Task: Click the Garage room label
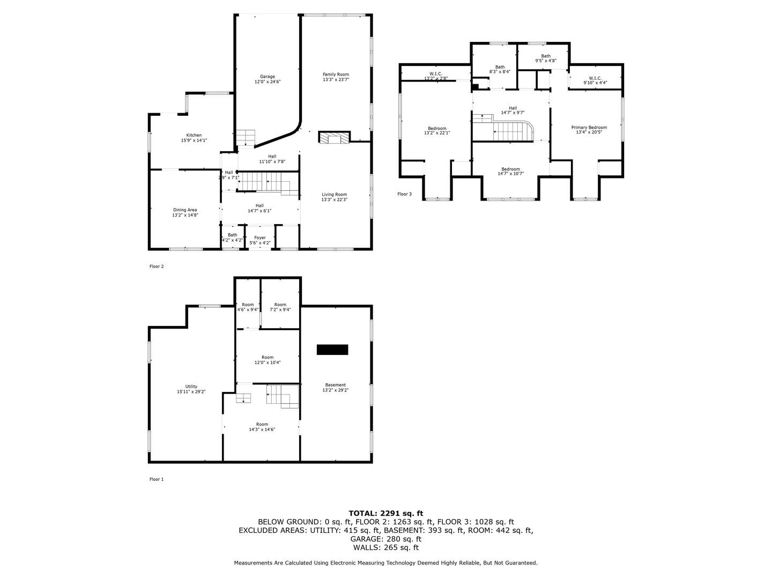(x=268, y=77)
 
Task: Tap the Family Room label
(x=336, y=75)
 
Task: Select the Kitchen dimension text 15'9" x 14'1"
(x=194, y=140)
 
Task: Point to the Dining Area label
(x=185, y=210)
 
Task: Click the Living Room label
(x=334, y=195)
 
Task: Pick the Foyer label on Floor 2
(x=260, y=237)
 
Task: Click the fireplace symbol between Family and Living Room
(x=333, y=138)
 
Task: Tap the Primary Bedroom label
(x=589, y=128)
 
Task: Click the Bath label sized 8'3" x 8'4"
(x=500, y=67)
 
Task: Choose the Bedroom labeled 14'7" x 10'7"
(x=510, y=169)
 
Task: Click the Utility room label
(x=191, y=387)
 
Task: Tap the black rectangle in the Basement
(x=332, y=350)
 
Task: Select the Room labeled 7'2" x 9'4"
(x=280, y=305)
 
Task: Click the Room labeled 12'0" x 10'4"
(x=268, y=357)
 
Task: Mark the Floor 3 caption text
(x=404, y=194)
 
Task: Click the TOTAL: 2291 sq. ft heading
(x=385, y=513)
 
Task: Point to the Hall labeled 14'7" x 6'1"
(x=259, y=205)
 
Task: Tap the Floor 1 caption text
(x=156, y=479)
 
